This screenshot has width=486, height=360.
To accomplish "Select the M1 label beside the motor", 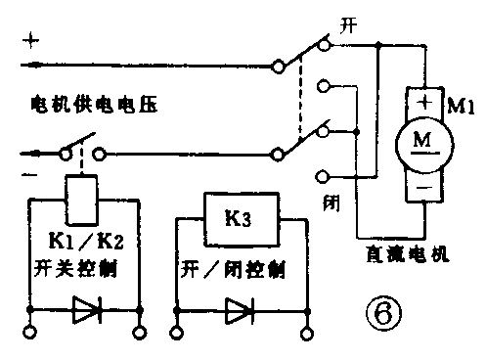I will [460, 105].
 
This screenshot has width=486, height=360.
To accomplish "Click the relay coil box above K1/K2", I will [82, 193].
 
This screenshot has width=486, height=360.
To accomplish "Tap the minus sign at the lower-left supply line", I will [27, 172].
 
